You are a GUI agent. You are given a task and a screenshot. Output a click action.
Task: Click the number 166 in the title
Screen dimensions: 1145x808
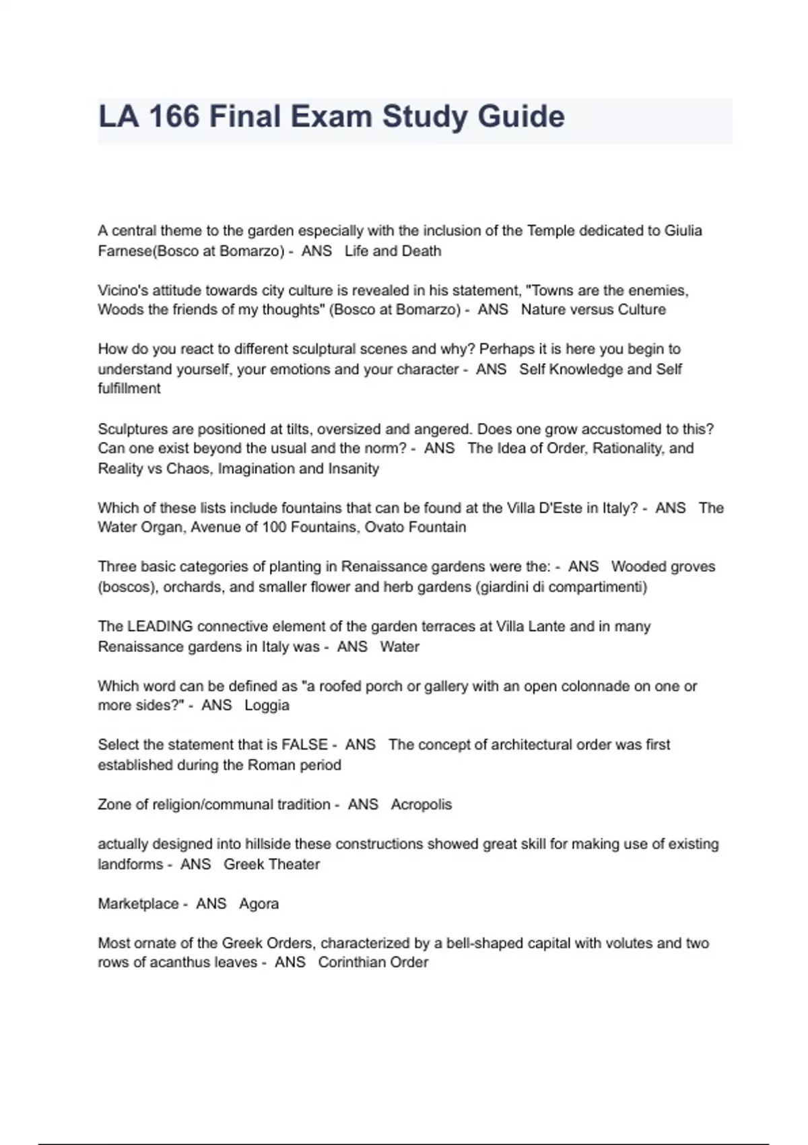174,117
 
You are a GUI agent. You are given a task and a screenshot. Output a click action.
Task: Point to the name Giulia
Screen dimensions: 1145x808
683,230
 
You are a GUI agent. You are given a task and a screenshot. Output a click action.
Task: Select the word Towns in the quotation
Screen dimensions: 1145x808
551,290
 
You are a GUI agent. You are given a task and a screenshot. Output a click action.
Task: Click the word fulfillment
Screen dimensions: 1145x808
129,388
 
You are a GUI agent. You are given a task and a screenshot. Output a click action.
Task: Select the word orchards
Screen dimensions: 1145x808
192,587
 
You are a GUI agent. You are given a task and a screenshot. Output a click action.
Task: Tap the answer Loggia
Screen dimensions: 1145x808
267,705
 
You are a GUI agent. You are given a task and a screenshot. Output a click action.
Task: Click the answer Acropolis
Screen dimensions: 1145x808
421,804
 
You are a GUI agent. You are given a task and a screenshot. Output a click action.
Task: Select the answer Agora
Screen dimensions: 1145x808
259,904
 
